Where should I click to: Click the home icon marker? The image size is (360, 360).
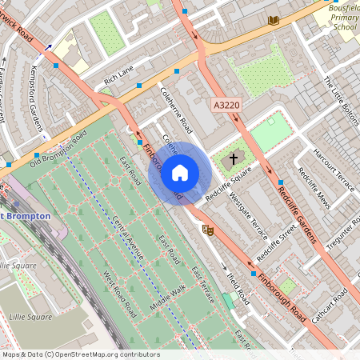click(180, 172)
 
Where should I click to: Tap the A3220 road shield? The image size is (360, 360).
click(226, 105)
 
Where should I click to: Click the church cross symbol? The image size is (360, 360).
click(234, 159)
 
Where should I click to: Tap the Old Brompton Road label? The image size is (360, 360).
click(58, 149)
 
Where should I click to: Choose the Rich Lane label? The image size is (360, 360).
click(119, 76)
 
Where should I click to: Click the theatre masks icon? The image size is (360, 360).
click(209, 230)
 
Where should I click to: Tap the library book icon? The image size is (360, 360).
click(274, 20)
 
